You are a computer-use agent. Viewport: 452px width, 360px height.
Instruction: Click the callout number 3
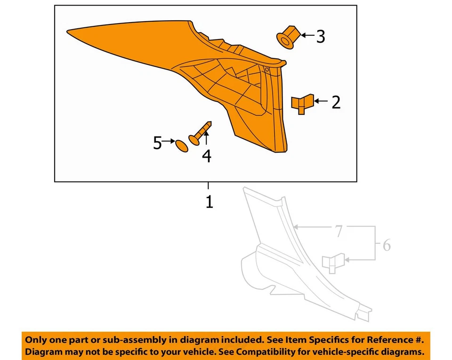click(321, 37)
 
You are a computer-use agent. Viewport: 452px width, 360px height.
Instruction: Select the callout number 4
click(207, 156)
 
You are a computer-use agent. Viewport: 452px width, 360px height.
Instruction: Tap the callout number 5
click(157, 143)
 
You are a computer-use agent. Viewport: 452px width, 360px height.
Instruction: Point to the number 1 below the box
click(209, 202)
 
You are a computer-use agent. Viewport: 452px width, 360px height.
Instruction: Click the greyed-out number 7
click(339, 231)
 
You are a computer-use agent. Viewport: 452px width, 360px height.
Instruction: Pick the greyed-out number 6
click(386, 245)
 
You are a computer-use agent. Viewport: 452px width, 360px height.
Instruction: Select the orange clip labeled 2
click(301, 104)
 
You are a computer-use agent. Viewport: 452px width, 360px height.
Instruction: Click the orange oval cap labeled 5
click(181, 144)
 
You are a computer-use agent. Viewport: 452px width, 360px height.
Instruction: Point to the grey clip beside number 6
click(332, 264)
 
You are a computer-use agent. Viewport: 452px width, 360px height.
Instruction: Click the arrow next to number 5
click(169, 141)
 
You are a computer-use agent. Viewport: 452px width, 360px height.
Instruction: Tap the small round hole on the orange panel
click(267, 69)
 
